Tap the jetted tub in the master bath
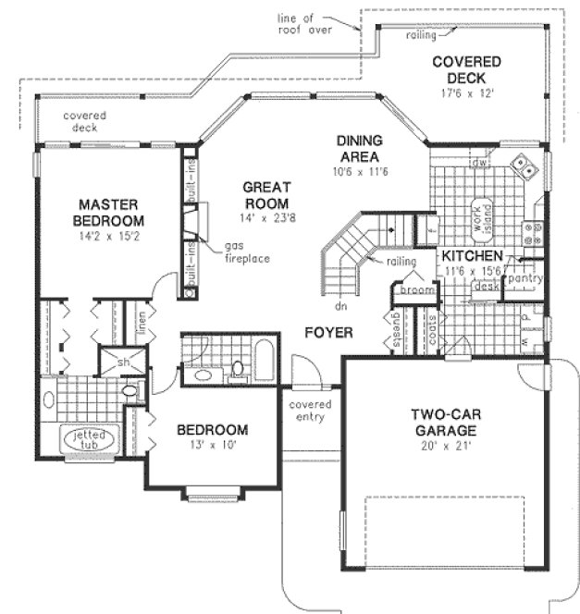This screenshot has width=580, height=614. (88, 440)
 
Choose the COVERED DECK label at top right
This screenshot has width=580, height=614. (466, 69)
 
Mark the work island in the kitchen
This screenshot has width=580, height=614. (480, 219)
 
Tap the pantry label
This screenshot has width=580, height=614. (524, 278)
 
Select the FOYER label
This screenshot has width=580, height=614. (328, 332)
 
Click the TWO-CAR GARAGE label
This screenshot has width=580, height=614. (431, 424)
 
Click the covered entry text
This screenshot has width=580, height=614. (310, 411)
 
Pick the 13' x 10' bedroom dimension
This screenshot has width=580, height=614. (212, 446)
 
